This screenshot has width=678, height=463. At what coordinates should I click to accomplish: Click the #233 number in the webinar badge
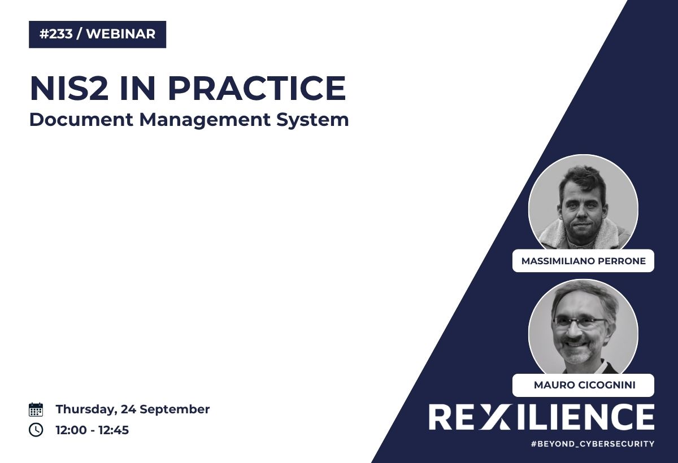click(56, 34)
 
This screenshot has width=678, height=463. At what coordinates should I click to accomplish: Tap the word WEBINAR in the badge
click(121, 34)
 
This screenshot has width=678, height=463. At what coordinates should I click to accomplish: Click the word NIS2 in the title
click(69, 88)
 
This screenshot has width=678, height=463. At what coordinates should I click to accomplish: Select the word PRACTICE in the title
click(257, 88)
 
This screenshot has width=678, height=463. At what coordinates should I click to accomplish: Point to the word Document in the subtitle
click(81, 120)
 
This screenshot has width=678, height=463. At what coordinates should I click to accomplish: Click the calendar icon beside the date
click(36, 409)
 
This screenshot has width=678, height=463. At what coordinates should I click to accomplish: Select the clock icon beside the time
click(36, 430)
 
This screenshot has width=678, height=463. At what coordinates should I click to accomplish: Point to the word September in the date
click(175, 410)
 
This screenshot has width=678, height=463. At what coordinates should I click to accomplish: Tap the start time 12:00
click(71, 430)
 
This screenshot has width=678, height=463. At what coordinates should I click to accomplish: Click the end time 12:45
click(114, 430)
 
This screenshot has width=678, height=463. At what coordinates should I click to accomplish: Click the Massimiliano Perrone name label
click(583, 261)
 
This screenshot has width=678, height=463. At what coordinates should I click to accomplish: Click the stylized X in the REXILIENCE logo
click(493, 417)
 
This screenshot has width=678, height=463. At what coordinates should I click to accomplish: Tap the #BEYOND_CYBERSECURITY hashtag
click(593, 444)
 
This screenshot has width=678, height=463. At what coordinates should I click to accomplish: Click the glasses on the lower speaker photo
click(580, 322)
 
